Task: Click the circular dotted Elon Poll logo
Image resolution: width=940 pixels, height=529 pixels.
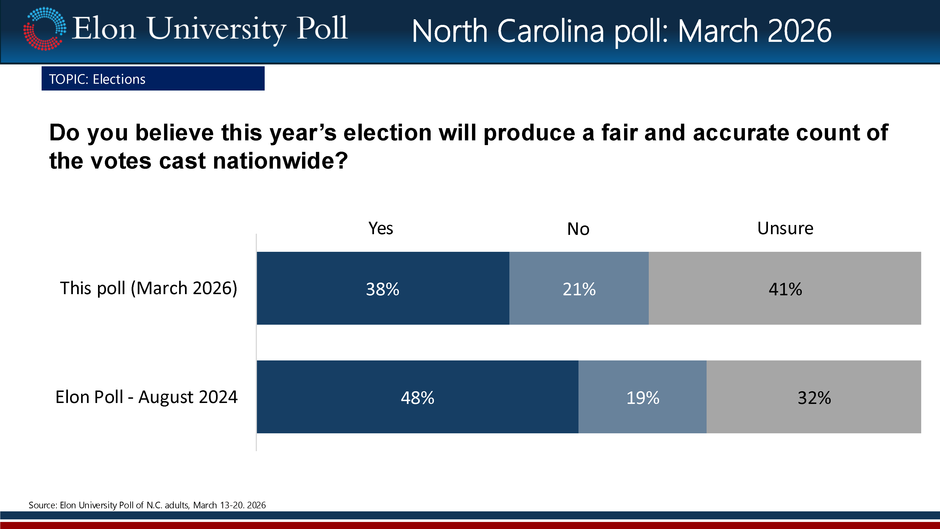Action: (x=44, y=28)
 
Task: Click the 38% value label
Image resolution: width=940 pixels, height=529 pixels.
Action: (x=382, y=289)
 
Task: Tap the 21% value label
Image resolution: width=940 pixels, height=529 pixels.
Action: (x=579, y=289)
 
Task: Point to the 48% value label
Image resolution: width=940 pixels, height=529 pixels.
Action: (x=417, y=398)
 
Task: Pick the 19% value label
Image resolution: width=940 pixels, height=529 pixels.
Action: (x=643, y=398)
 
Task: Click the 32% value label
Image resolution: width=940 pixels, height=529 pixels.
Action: (x=814, y=398)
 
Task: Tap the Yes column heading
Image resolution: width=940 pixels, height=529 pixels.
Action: (x=381, y=229)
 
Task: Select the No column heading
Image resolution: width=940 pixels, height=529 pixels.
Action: (x=578, y=229)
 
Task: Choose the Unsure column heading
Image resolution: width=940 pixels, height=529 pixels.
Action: (x=785, y=229)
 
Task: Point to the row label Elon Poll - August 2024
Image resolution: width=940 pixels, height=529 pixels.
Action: (x=146, y=397)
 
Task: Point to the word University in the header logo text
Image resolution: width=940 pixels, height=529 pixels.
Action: (x=217, y=29)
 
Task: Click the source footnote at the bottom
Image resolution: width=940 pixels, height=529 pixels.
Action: (x=147, y=505)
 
